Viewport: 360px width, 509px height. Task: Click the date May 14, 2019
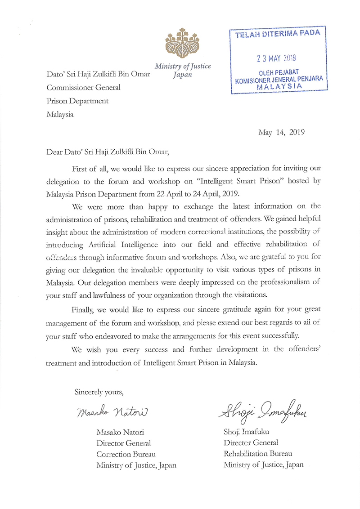282,132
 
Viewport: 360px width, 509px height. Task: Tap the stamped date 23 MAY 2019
276,58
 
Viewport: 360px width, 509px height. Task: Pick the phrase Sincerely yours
99,391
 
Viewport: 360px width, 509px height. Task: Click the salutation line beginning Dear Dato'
108,152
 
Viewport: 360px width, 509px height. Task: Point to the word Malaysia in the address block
60,114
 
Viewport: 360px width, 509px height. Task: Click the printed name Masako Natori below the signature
120,433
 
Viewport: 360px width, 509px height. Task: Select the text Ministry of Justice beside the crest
183,66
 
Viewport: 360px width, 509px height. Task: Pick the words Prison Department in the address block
77,101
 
